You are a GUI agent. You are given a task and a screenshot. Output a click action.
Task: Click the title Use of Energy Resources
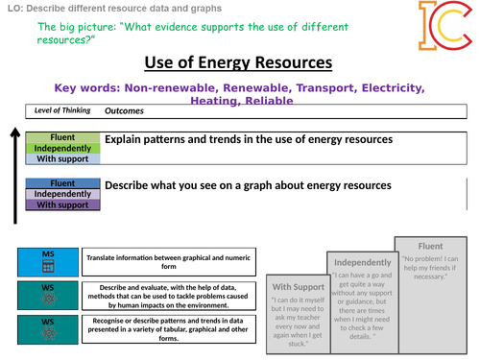tap(238, 63)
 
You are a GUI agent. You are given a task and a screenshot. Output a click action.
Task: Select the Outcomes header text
tap(124, 110)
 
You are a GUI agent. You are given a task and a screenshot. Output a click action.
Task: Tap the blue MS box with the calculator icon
tap(48, 259)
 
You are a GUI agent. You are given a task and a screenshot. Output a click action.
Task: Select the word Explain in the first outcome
tap(127, 139)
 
